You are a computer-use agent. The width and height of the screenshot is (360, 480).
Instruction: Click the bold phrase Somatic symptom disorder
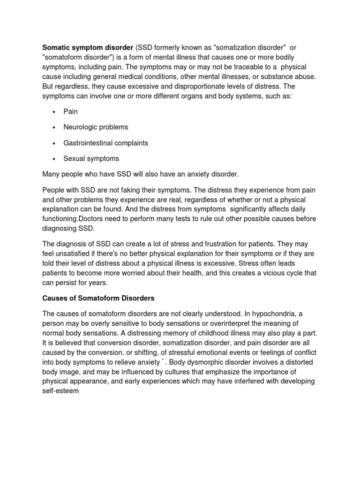coord(88,47)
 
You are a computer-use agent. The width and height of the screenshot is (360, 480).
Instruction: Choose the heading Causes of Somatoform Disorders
coord(98,298)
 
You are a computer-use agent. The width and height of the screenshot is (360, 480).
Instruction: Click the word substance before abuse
coord(275,77)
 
